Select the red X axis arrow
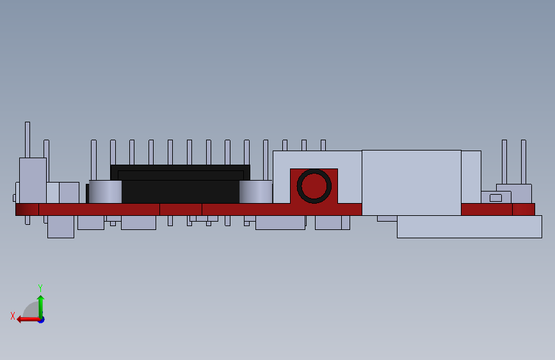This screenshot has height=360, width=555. click(x=26, y=319)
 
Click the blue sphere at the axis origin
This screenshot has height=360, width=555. click(x=41, y=319)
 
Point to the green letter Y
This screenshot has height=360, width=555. click(x=40, y=288)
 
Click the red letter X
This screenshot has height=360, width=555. click(x=12, y=316)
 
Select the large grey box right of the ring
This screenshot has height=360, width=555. click(x=411, y=182)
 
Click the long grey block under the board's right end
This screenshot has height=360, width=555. click(x=469, y=227)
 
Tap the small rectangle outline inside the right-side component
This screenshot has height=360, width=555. click(x=495, y=198)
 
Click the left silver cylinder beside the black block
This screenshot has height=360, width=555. click(x=105, y=192)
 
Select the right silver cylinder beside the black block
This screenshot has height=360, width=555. click(x=256, y=192)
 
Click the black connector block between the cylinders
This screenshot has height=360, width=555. click(x=181, y=185)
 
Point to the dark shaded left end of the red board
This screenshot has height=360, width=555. click(x=27, y=209)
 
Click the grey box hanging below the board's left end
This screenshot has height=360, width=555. click(x=61, y=227)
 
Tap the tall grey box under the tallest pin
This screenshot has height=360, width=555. click(x=33, y=179)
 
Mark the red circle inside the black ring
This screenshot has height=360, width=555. click(x=314, y=186)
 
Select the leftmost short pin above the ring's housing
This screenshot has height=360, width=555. click(x=285, y=145)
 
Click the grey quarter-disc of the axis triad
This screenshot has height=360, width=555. click(x=32, y=310)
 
